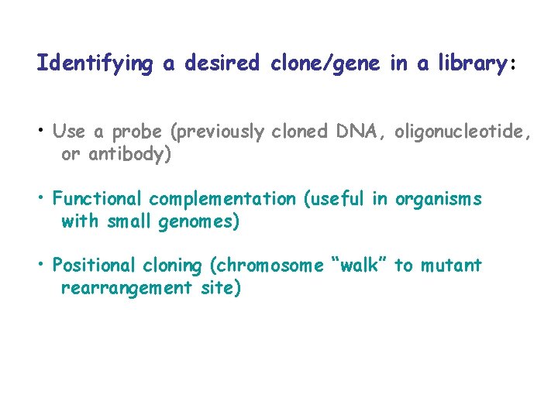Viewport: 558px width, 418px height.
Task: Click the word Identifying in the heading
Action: [95, 63]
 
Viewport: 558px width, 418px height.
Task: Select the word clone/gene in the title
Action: [325, 63]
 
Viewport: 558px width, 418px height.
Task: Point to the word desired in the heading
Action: [227, 63]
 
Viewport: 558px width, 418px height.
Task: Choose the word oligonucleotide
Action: [462, 132]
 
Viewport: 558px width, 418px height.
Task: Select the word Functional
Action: [98, 199]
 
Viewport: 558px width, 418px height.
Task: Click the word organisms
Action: [438, 200]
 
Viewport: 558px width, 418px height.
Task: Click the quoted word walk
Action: [360, 266]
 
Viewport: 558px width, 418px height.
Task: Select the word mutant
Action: [451, 266]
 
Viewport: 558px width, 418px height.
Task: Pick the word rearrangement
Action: [133, 289]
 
